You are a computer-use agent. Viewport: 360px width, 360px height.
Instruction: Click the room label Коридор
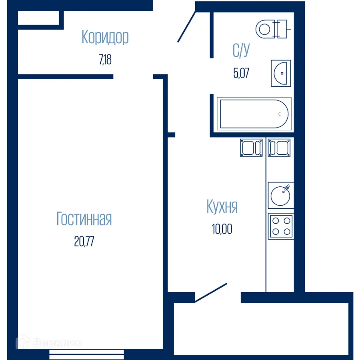[x=105, y=37]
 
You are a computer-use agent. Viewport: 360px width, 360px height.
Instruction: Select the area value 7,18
[x=105, y=60]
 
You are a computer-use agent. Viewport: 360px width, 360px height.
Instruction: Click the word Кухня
[x=222, y=207]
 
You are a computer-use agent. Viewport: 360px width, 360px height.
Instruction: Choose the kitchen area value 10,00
[x=222, y=229]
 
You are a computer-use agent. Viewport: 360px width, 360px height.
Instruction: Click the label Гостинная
[x=84, y=219]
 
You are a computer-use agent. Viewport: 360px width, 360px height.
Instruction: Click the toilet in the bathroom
[x=272, y=28]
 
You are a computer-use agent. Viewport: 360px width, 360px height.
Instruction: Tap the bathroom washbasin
[x=281, y=73]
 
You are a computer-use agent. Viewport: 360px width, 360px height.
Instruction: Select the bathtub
[x=254, y=114]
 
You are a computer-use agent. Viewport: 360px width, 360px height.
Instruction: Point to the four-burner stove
[x=281, y=226]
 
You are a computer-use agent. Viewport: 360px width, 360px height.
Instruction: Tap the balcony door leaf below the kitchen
[x=211, y=293]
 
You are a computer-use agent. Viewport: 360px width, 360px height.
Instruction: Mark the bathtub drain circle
[x=280, y=114]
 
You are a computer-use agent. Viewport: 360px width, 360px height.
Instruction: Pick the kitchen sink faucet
[x=287, y=187]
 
